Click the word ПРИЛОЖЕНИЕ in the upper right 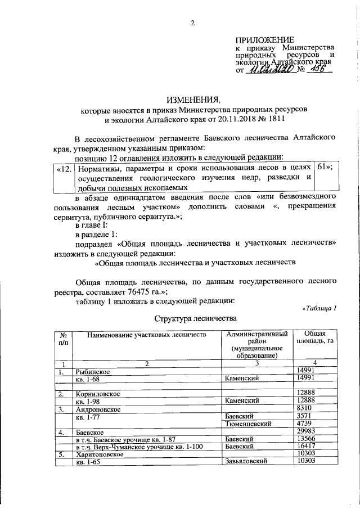(x=264, y=40)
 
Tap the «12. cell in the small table (x=64, y=168)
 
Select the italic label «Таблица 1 (x=318, y=308)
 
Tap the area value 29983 (x=306, y=431)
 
